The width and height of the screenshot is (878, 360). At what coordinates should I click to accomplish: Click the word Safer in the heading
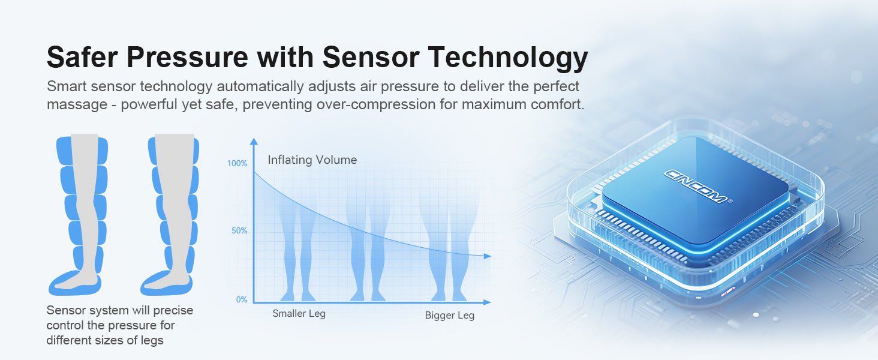[82, 57]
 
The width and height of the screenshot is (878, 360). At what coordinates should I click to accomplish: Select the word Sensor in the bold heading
[371, 57]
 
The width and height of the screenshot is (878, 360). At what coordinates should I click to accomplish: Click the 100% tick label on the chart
[237, 164]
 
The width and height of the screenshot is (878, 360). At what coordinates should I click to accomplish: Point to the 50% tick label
[239, 230]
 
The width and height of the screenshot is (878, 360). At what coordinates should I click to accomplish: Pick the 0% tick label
[242, 299]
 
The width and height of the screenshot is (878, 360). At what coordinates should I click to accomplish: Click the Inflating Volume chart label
[312, 160]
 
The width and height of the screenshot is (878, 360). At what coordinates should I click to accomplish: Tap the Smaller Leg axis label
[299, 314]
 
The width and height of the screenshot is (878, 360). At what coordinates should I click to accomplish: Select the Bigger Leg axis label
[450, 315]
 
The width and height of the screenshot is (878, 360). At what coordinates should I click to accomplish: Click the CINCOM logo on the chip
[696, 186]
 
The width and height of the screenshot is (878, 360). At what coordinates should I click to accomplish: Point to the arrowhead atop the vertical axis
[254, 141]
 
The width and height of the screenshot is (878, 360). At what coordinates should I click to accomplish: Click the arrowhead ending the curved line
[488, 256]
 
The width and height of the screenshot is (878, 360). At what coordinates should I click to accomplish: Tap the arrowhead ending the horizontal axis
[487, 302]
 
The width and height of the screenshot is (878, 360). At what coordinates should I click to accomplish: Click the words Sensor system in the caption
[87, 310]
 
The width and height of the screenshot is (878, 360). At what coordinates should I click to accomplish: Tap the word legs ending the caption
[152, 340]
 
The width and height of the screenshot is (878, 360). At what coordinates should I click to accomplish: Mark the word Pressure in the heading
[187, 57]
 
